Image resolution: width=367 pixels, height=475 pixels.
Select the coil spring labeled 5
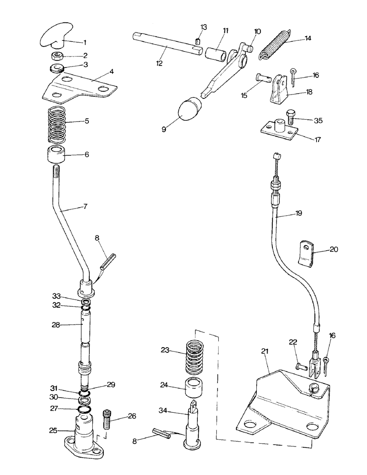[x=58, y=125]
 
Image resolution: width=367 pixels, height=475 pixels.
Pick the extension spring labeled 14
[x=275, y=45]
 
